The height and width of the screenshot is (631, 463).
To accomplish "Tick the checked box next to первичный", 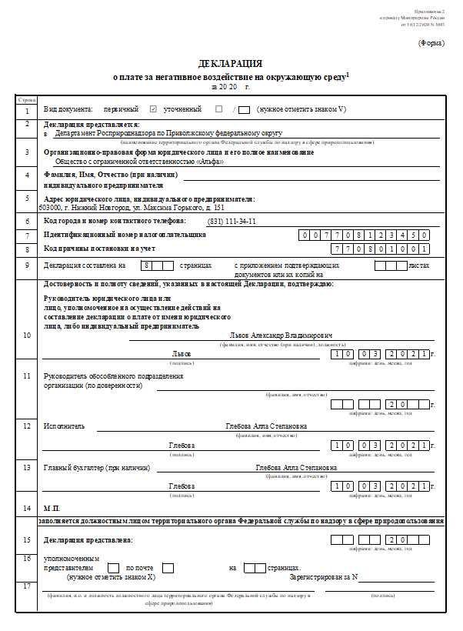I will (x=154, y=109).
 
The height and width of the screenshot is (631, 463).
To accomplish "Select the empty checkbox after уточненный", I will (x=219, y=109).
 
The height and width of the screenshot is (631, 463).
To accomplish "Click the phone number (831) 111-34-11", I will (x=231, y=221).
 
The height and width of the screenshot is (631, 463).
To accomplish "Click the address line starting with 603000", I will (x=132, y=207).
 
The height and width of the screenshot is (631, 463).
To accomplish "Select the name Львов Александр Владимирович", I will (x=281, y=336).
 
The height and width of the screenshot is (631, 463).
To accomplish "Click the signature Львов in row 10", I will (x=182, y=353).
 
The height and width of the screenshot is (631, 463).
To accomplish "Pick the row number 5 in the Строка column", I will (x=27, y=198).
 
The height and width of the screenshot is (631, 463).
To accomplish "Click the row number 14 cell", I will (x=27, y=508).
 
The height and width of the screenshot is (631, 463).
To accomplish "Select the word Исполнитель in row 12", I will (x=65, y=426).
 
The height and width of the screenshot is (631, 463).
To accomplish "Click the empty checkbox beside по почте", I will (x=168, y=568).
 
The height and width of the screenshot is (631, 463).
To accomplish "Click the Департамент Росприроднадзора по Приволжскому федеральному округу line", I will (x=168, y=133).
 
